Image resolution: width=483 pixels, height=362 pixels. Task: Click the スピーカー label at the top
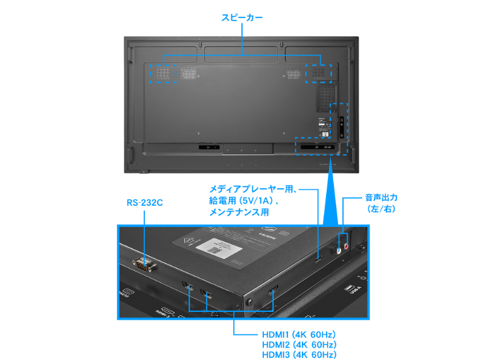click(x=241, y=18)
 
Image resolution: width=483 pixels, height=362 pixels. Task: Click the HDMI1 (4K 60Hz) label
click(x=299, y=334)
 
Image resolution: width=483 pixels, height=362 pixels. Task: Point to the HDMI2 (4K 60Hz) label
click(x=299, y=345)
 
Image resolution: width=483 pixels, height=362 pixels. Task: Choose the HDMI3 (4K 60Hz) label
click(x=299, y=355)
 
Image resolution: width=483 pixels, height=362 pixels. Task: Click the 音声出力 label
click(x=381, y=197)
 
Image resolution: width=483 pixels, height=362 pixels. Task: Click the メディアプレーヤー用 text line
click(x=254, y=189)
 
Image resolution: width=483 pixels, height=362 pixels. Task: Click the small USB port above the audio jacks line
click(x=318, y=259)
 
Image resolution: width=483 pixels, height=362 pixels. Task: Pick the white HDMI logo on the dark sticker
click(x=267, y=231)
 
